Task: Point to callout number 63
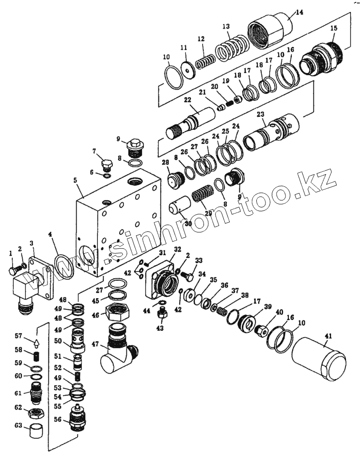coord(18,426)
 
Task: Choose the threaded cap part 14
coord(269,31)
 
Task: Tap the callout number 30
coord(188,224)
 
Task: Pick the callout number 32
coord(177,249)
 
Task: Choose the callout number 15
coord(333,29)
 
